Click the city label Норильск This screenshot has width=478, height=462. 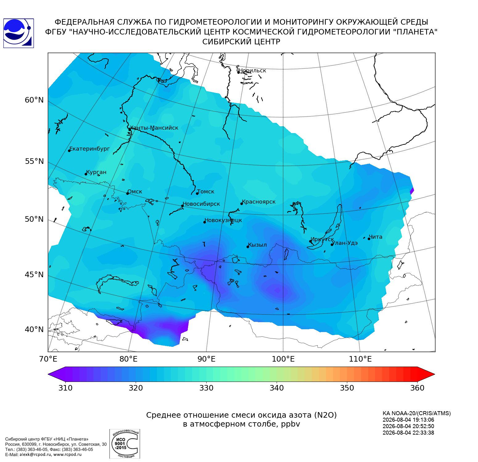pyautogui.click(x=252, y=71)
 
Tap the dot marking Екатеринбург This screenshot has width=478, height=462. pyautogui.click(x=69, y=150)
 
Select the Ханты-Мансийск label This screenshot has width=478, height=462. pyautogui.click(x=154, y=128)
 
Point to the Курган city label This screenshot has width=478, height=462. pyautogui.click(x=96, y=172)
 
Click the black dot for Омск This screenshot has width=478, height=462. pyautogui.click(x=127, y=193)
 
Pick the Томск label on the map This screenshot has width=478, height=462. pyautogui.click(x=206, y=192)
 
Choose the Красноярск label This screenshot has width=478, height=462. pyautogui.click(x=259, y=202)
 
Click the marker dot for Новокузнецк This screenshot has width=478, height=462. pyautogui.click(x=204, y=222)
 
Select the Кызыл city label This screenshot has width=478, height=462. pyautogui.click(x=258, y=245)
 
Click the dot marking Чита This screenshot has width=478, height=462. pyautogui.click(x=369, y=239)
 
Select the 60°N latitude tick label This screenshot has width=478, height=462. pyautogui.click(x=34, y=100)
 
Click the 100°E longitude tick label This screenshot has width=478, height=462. pyautogui.click(x=283, y=359)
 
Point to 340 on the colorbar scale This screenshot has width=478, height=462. pyautogui.click(x=277, y=388)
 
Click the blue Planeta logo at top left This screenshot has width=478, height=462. pyautogui.click(x=19, y=33)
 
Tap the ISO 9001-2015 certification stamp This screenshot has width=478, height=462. pyautogui.click(x=125, y=444)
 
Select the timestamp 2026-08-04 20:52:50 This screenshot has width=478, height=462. pyautogui.click(x=408, y=426)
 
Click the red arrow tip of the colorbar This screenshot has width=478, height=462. pyautogui.click(x=434, y=375)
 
